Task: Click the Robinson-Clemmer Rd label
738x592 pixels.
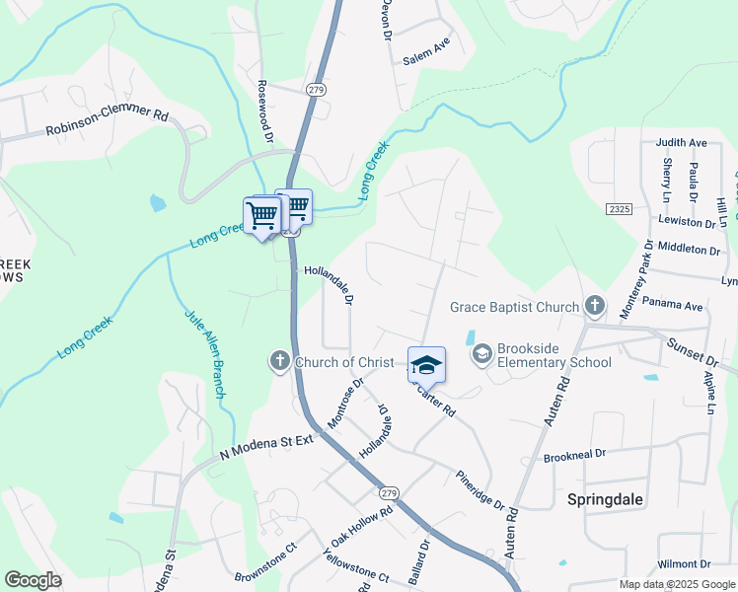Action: (107, 122)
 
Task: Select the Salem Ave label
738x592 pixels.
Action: (426, 59)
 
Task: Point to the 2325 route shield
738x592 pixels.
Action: (620, 209)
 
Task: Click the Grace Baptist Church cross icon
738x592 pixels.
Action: (595, 307)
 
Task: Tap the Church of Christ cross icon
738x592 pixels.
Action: (280, 362)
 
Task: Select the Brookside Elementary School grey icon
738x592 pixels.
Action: (482, 354)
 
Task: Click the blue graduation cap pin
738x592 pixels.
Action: (426, 366)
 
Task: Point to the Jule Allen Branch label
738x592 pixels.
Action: (205, 354)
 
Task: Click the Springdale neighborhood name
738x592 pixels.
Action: (606, 499)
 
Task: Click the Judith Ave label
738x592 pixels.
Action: (682, 142)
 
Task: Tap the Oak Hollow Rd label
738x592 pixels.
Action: (362, 527)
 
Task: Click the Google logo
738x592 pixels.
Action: (34, 580)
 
